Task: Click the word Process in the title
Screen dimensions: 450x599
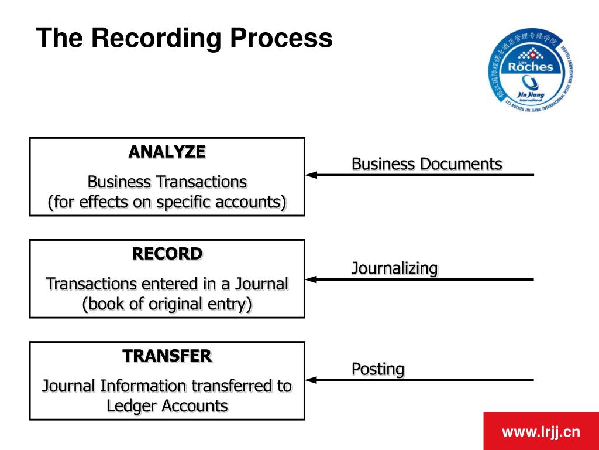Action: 281,39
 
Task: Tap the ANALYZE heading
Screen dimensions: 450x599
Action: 167,152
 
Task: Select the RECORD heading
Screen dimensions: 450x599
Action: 167,254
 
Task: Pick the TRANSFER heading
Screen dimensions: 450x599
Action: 167,356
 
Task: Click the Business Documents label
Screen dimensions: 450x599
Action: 426,164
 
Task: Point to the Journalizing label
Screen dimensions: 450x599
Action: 394,268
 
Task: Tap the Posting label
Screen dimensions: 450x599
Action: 377,369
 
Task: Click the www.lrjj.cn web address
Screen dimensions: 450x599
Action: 541,432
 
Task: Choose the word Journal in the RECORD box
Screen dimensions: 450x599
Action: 261,284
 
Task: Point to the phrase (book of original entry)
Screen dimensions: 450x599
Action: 167,305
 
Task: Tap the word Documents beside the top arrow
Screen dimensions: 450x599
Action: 460,164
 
